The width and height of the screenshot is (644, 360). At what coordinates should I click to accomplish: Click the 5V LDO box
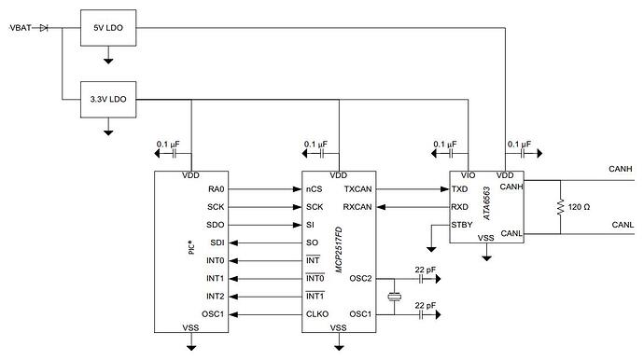pyautogui.click(x=108, y=29)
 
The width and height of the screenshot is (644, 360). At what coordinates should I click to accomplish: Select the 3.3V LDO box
pyautogui.click(x=108, y=97)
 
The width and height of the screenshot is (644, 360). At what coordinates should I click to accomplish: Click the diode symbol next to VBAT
pyautogui.click(x=44, y=29)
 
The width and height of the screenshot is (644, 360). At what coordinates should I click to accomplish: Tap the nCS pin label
pyautogui.click(x=315, y=189)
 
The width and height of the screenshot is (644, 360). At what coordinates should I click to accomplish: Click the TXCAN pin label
pyautogui.click(x=358, y=189)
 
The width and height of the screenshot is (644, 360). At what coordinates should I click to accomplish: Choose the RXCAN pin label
pyautogui.click(x=358, y=207)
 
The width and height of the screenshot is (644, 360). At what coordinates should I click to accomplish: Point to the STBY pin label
pyautogui.click(x=462, y=225)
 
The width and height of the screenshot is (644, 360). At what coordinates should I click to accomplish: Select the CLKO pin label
pyautogui.click(x=316, y=314)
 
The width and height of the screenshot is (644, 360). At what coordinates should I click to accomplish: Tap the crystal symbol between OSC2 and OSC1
pyautogui.click(x=397, y=297)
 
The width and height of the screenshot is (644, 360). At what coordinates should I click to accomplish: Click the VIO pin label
pyautogui.click(x=468, y=175)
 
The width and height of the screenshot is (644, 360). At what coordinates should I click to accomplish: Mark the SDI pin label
pyautogui.click(x=216, y=242)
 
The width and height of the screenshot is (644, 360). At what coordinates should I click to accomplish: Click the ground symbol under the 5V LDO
pyautogui.click(x=108, y=60)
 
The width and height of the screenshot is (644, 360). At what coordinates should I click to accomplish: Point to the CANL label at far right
pyautogui.click(x=623, y=225)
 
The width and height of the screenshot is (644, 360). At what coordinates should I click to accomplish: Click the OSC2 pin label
pyautogui.click(x=361, y=279)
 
